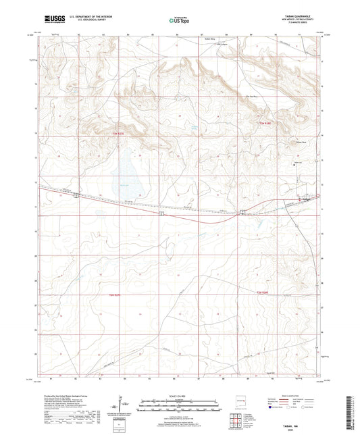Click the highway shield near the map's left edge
click(76, 197)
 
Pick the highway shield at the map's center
click(160, 213)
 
